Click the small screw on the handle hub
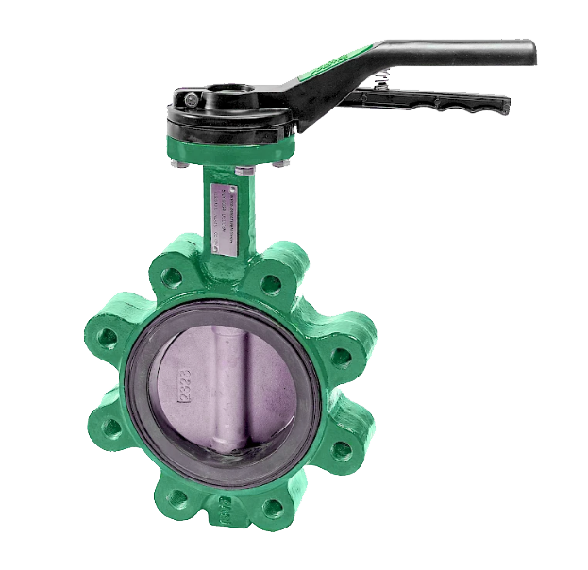point(192,99)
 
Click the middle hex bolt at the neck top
point(243,171)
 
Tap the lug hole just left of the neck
point(172,276)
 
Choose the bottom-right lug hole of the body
point(274,510)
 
